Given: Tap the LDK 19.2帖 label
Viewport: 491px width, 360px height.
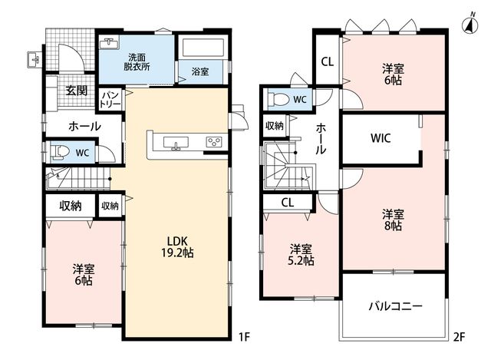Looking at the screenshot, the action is click(177, 247).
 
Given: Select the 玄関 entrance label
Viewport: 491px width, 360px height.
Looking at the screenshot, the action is click(77, 91).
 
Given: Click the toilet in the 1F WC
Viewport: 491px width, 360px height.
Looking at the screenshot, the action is click(60, 152).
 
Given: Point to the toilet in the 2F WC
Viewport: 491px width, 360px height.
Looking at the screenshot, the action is click(278, 100).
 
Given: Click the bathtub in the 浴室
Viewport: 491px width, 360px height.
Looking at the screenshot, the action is click(203, 48).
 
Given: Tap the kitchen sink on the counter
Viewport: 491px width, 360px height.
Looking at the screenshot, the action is click(176, 143).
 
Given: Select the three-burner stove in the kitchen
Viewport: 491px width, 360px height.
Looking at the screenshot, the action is click(214, 141).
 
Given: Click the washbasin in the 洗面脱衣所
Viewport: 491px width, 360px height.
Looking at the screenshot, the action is click(109, 43).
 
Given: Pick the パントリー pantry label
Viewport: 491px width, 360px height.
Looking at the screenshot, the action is click(110, 100).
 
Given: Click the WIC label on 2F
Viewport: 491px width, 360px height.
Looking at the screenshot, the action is click(381, 138).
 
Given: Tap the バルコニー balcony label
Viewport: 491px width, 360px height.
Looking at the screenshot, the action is click(396, 306).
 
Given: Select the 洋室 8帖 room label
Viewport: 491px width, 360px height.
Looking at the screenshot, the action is click(393, 220).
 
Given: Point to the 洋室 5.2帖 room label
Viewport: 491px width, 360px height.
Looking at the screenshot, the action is click(301, 255).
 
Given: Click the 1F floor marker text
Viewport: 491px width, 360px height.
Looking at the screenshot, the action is click(244, 337).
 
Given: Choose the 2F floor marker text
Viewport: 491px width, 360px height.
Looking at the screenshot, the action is click(460, 337).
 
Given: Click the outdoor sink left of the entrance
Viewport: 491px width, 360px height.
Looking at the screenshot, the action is click(34, 59).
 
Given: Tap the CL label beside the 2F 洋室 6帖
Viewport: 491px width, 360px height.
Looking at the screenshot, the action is click(328, 62).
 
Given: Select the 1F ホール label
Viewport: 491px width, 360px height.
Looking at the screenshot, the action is click(84, 127).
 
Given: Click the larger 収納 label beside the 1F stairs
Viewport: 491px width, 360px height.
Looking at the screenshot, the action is click(71, 206).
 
